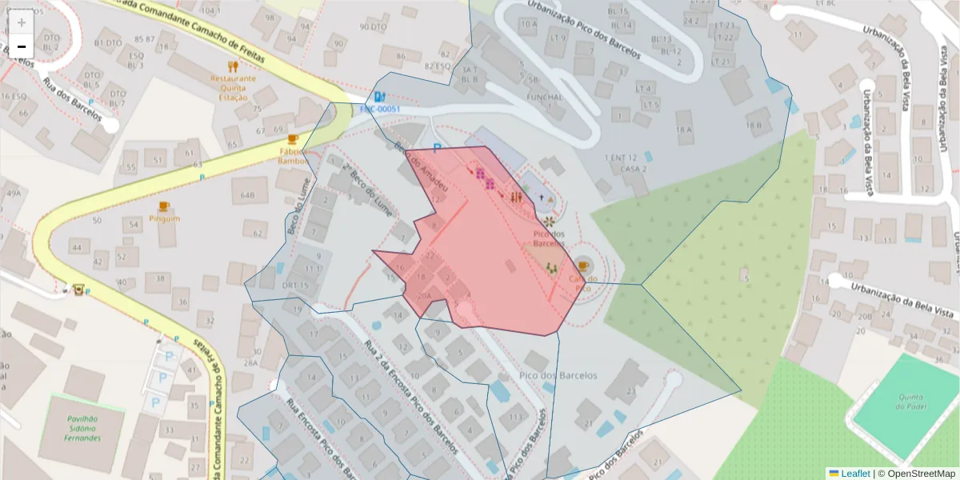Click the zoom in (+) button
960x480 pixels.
click(x=22, y=22)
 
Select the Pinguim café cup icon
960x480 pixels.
click(x=164, y=206)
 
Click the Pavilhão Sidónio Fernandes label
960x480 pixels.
click(x=83, y=428)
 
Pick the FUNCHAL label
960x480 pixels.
click(x=545, y=97)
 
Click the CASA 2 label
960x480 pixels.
click(x=633, y=169)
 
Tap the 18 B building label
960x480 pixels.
click(x=753, y=125)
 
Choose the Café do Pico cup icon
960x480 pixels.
click(x=582, y=266)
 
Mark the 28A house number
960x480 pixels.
click(x=250, y=362)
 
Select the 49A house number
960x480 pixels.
click(x=13, y=193)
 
